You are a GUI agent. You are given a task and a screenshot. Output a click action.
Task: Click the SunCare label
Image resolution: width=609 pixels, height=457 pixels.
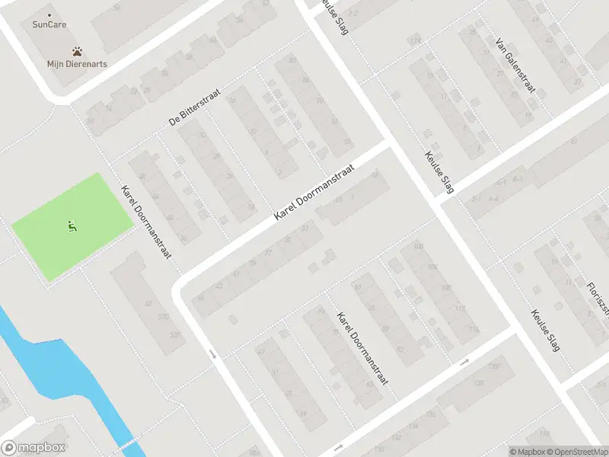click(49, 25)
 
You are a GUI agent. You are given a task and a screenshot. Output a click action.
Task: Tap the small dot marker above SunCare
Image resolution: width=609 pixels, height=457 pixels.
click(49, 15)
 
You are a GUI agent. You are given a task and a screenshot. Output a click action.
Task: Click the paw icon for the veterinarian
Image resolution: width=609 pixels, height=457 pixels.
click(78, 52)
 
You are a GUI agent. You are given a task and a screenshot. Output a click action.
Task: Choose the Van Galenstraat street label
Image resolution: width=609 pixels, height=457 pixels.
click(515, 66)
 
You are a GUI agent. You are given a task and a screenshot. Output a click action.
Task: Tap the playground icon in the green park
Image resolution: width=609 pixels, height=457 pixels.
click(72, 225)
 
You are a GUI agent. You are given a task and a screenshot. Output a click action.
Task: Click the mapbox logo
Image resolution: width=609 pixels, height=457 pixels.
click(33, 448)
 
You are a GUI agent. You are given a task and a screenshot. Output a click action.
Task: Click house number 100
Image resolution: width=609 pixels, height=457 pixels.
click(418, 246)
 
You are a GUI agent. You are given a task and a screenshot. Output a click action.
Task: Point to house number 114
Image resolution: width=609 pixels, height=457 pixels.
click(473, 329)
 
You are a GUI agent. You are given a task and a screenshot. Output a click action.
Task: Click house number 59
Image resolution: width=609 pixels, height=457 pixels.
click(302, 414)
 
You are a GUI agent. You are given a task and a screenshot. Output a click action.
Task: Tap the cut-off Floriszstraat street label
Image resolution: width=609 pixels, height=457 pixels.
click(598, 297)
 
